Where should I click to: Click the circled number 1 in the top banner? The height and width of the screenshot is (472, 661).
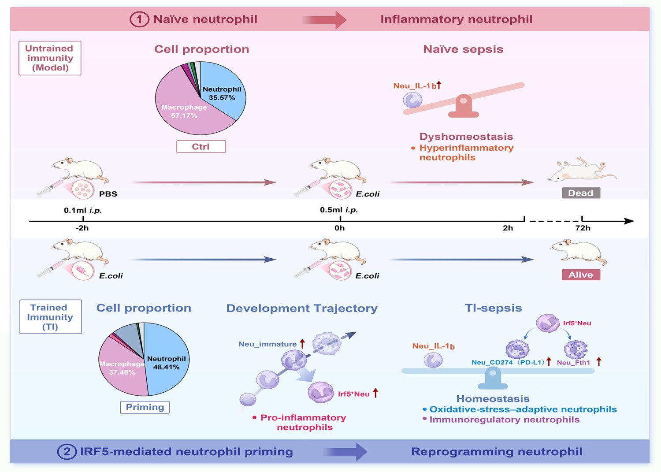139,19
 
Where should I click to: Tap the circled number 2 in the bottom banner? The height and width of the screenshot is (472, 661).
67,452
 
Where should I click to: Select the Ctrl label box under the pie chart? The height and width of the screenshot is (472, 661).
201,147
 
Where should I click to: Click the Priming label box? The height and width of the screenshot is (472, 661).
145,407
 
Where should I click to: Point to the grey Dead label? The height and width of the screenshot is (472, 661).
581,193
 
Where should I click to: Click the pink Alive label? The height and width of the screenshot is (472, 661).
581,275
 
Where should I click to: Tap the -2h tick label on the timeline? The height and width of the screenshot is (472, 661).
82,228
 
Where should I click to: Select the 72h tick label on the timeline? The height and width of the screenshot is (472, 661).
583,228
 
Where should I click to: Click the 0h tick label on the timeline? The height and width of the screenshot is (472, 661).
339,228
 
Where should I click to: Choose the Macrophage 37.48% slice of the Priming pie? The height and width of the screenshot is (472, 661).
122,368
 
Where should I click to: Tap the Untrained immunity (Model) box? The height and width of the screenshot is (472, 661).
50,58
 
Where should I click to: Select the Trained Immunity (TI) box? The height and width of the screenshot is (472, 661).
50,317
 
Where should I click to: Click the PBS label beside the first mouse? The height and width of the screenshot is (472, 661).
108,194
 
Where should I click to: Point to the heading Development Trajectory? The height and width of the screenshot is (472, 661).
302,308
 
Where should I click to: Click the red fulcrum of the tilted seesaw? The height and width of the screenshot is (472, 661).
463,107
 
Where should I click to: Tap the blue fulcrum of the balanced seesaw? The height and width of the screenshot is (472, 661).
493,380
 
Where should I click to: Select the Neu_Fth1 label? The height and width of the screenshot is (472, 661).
573,363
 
